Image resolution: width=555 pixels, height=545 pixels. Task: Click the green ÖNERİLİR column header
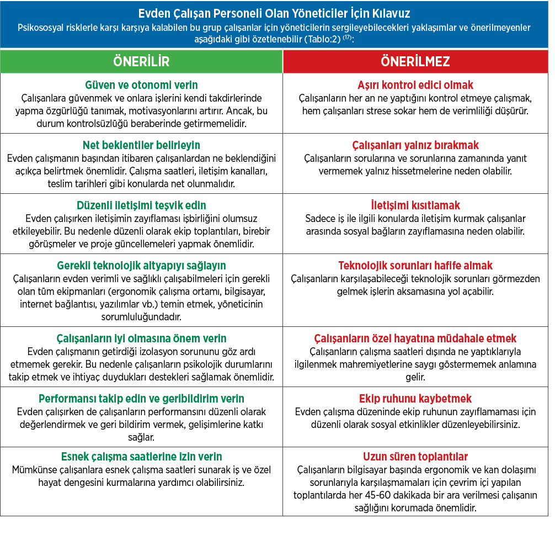[141, 61]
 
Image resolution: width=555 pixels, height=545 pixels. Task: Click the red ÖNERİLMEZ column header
[415, 61]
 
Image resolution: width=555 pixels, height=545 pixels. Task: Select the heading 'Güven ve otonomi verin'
[141, 85]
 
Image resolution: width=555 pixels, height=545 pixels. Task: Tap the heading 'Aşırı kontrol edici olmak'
[415, 85]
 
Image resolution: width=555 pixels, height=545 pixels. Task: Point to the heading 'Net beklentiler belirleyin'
[141, 145]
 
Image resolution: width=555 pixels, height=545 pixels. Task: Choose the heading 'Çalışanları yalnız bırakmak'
[415, 145]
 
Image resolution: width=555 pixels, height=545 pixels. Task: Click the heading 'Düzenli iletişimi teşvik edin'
[141, 205]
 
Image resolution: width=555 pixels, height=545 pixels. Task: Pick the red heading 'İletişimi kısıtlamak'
[415, 205]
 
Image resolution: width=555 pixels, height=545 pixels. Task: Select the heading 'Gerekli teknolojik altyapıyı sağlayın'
[141, 266]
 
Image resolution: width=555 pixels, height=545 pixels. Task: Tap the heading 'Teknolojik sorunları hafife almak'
[415, 266]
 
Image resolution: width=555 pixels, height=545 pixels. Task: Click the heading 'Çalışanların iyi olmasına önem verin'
[141, 338]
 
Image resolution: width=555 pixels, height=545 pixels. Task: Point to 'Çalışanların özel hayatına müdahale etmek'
[415, 338]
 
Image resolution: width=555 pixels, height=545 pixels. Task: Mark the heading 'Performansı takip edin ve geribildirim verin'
[141, 399]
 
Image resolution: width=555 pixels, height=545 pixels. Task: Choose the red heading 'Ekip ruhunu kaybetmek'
[415, 399]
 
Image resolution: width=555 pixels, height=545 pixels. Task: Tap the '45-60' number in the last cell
[366, 495]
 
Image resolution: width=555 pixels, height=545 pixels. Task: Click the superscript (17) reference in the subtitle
[348, 38]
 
